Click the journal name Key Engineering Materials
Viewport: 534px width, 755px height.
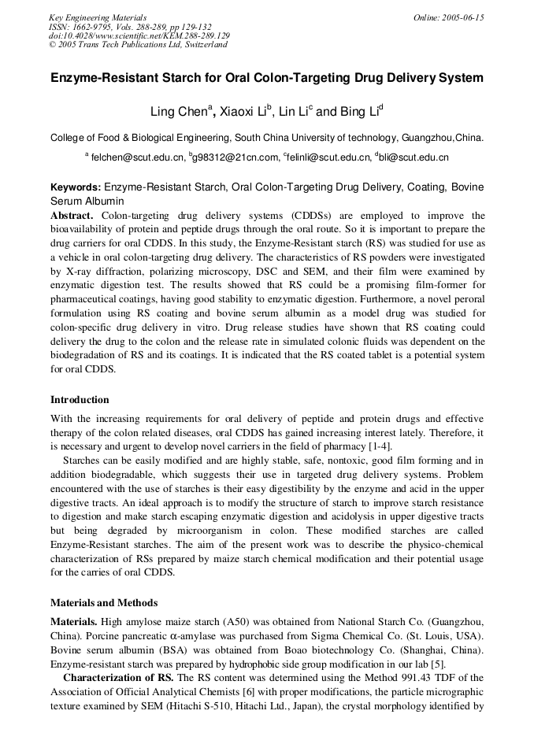98,17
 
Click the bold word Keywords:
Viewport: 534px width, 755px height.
76,187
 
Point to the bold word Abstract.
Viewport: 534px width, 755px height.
72,215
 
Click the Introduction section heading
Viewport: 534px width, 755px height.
80,400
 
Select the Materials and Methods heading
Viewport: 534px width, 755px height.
104,603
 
